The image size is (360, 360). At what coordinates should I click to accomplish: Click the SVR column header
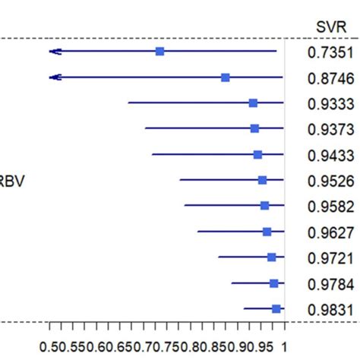(330, 27)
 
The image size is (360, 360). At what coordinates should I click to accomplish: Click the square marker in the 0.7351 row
(159, 51)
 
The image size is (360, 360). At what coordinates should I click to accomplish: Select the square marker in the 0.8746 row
(226, 77)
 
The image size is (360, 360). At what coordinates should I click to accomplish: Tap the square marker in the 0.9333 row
(253, 103)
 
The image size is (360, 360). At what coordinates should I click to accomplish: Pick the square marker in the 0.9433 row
(257, 154)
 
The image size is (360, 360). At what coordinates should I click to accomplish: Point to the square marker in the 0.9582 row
(264, 205)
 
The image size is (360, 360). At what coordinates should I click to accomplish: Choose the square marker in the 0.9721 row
(271, 257)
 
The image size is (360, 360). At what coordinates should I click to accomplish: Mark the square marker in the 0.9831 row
(276, 308)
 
